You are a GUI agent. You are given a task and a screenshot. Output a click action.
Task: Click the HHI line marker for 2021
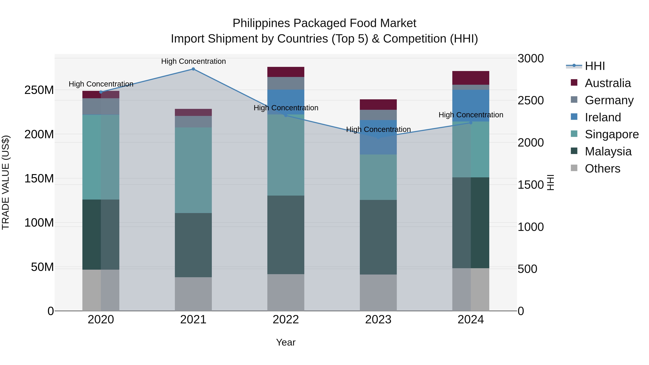193,69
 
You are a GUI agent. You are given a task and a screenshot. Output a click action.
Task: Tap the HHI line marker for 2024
471,123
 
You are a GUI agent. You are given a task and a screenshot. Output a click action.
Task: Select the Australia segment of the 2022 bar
286,72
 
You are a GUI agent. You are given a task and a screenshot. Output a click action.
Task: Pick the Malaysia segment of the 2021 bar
193,245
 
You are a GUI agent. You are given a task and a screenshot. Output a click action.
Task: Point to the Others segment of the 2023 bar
378,293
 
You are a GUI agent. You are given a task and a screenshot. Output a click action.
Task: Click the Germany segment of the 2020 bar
101,107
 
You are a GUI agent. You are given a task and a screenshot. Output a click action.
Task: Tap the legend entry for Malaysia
608,152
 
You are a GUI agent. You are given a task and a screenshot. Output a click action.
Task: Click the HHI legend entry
595,66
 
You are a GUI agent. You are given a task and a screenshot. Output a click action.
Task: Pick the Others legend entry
602,169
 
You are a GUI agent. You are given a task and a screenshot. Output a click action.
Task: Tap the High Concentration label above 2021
193,61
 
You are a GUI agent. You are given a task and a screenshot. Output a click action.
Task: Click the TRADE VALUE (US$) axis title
6,182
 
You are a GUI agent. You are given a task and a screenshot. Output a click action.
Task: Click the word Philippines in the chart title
261,23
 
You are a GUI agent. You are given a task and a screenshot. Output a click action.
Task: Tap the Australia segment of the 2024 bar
471,78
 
